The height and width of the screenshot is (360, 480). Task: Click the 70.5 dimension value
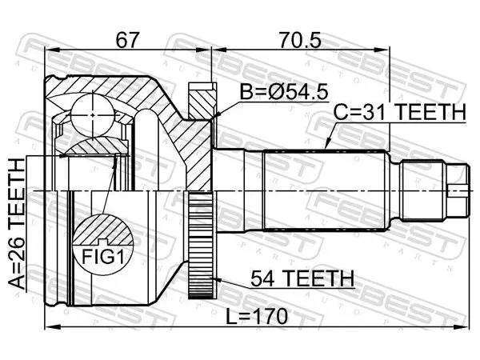[x=300, y=40]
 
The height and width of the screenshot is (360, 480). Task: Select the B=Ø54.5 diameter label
[x=284, y=92]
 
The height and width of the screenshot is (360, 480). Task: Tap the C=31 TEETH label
[x=399, y=112]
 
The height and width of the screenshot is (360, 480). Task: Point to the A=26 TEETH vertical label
[x=17, y=224]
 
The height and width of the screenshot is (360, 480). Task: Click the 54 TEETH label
[x=302, y=278]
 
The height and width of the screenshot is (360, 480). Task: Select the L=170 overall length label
[x=257, y=316]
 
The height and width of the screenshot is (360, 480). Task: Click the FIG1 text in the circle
[x=103, y=257]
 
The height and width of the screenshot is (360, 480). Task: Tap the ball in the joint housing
[x=93, y=115]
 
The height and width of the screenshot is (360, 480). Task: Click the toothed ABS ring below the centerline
[x=201, y=244]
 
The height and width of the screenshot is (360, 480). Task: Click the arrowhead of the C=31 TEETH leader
[x=326, y=146]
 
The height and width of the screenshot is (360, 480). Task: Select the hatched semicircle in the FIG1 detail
[x=103, y=230]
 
